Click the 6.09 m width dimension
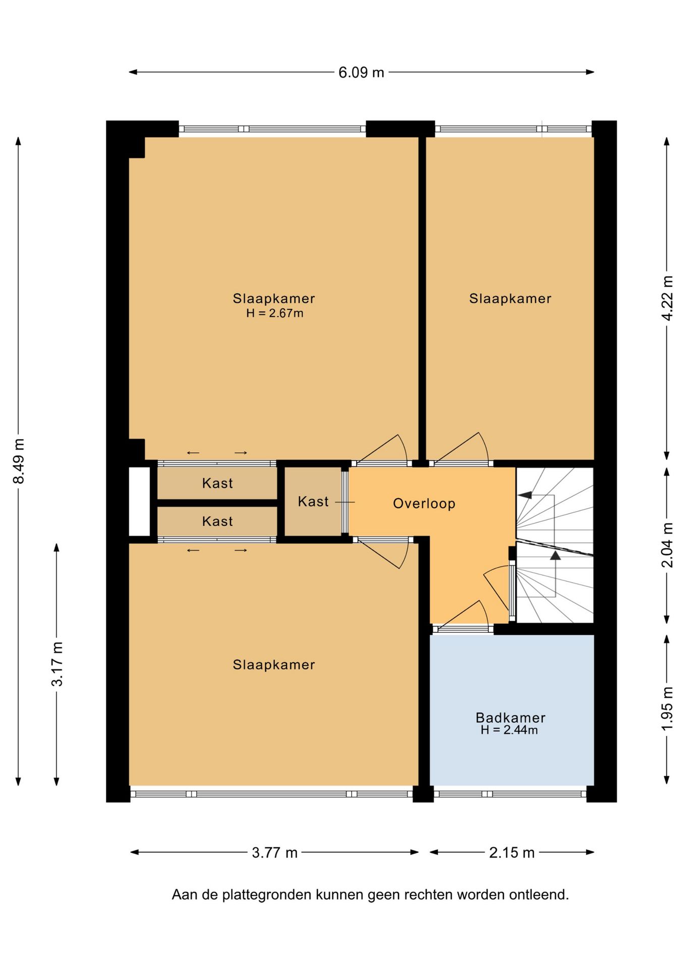point(361,73)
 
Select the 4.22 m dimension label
point(667,298)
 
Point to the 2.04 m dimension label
point(667,545)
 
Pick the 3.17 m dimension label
point(57,664)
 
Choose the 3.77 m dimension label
point(275,852)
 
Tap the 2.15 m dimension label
point(511,852)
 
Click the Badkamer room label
point(510,717)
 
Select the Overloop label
point(424,503)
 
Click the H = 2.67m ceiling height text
point(275,313)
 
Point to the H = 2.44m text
point(509,730)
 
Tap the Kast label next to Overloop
point(313,501)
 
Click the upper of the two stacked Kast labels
point(217,483)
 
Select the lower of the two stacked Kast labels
point(217,521)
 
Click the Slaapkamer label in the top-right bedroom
point(510,298)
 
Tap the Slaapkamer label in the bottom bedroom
point(274,665)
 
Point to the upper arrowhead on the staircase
point(525,495)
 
